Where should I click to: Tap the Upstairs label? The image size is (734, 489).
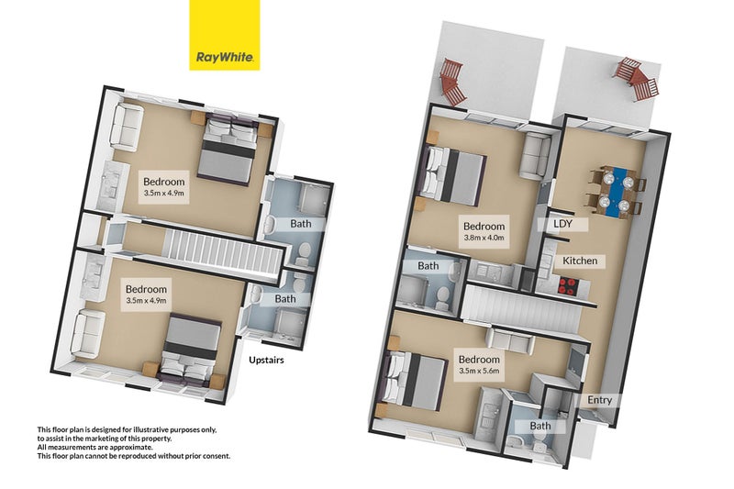(266, 361)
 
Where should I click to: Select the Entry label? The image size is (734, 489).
(602, 400)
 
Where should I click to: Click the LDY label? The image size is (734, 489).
(562, 223)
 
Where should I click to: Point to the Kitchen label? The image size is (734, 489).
(580, 261)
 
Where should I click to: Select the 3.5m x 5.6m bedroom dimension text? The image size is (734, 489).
(479, 372)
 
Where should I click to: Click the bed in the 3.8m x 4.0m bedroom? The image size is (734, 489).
(454, 174)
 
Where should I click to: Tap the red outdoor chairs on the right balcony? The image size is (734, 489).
(636, 79)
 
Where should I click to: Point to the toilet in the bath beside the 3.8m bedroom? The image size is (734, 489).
(441, 293)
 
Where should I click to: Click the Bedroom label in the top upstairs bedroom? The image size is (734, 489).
(164, 181)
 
